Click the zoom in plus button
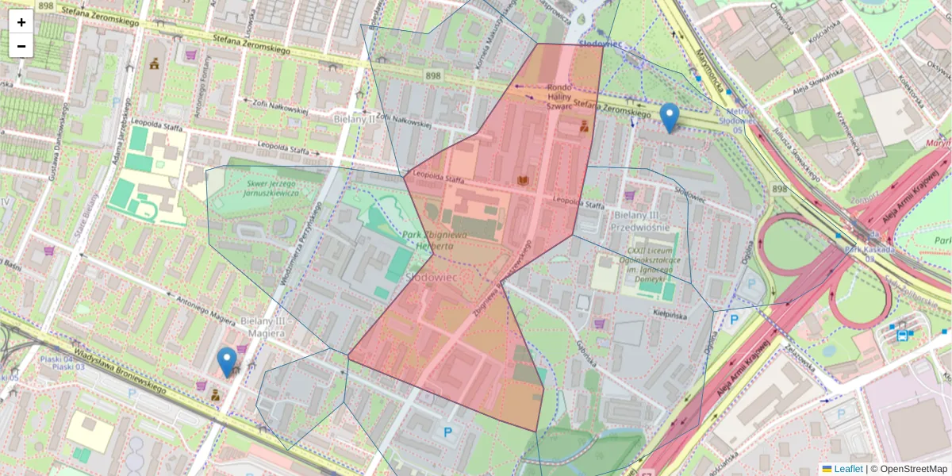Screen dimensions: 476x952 [x=21, y=22]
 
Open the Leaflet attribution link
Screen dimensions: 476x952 [x=847, y=469]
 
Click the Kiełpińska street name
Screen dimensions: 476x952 [x=669, y=315]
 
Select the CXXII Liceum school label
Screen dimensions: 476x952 [x=655, y=257]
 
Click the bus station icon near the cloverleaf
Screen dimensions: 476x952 [x=903, y=336]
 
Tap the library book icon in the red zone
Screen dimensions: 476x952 [x=523, y=181]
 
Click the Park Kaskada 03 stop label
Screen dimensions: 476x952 [x=863, y=253]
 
